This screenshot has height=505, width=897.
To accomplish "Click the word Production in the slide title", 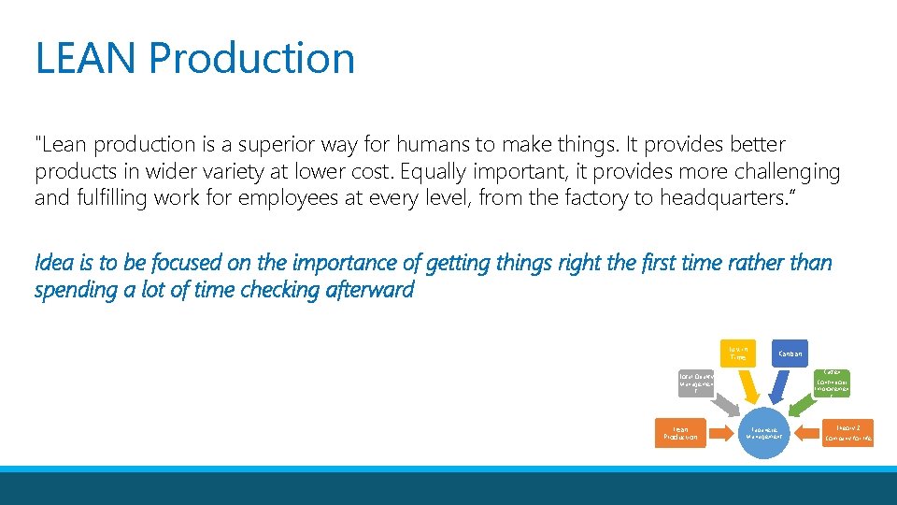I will click(251, 58).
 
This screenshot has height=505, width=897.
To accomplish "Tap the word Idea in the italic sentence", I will click(51, 263).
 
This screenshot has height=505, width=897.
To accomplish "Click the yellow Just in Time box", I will click(737, 352).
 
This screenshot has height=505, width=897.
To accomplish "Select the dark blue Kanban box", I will click(790, 353).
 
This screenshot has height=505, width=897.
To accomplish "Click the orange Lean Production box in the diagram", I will click(679, 433).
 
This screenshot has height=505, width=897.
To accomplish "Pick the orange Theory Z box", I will click(848, 432).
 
